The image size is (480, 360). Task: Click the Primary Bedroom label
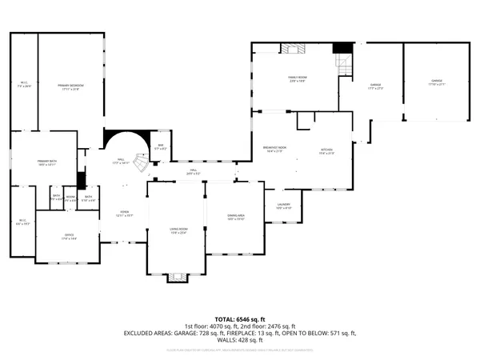[71, 86]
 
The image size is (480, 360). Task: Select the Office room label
[69, 236]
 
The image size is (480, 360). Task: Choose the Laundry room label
[283, 206]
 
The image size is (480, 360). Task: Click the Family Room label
[298, 78]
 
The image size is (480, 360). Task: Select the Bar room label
[161, 146]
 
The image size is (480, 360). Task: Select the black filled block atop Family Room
[342, 49]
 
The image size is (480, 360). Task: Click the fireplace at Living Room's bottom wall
[177, 278]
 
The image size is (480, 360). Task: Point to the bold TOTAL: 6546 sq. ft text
[240, 319]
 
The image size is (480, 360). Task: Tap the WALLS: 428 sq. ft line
[240, 341]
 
